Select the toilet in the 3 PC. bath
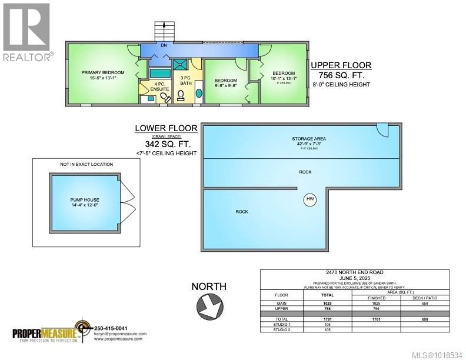pos(181,98)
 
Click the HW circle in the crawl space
pos(310,200)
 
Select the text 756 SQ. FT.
pos(340,75)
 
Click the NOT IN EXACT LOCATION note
pos(86,165)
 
